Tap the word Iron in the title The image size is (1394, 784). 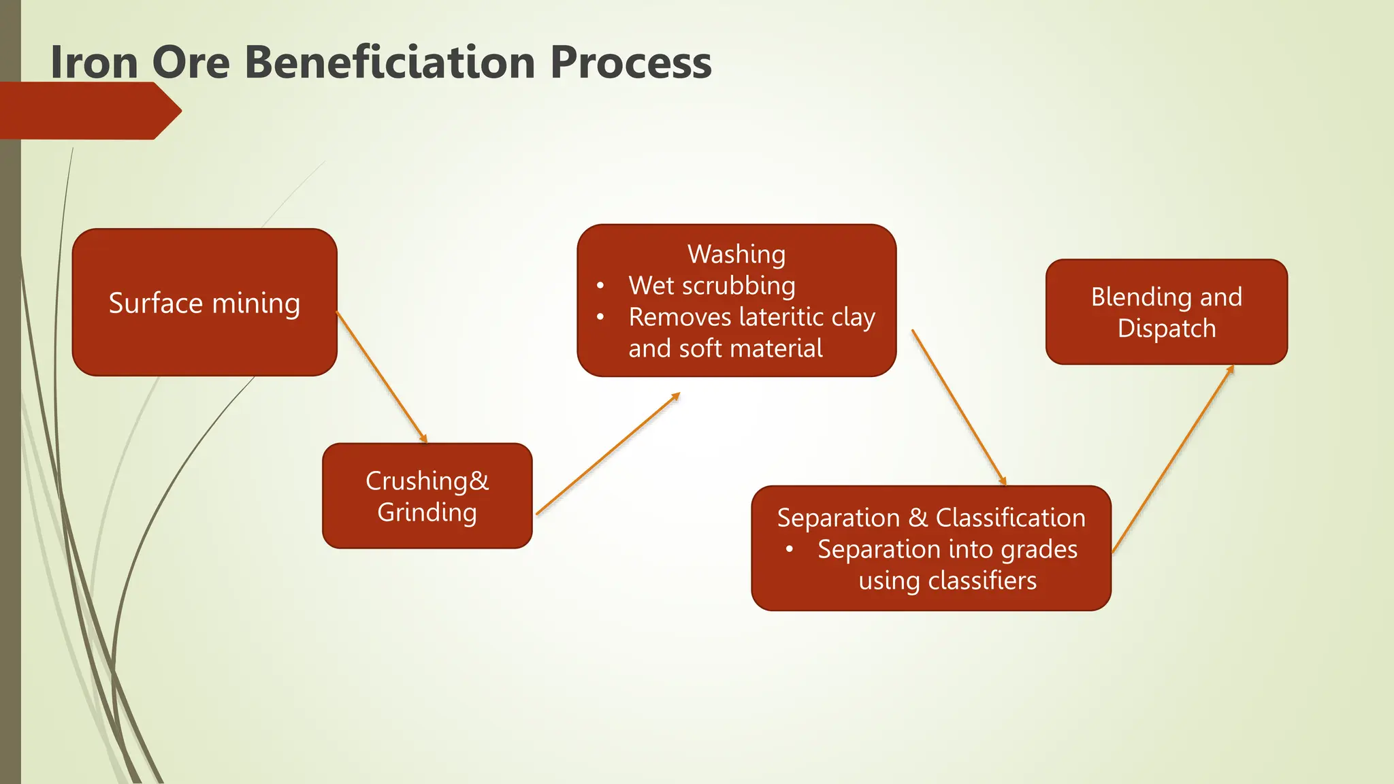coord(94,62)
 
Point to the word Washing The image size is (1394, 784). coord(736,254)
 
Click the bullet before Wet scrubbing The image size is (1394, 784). coord(600,286)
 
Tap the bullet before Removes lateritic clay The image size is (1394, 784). coord(600,317)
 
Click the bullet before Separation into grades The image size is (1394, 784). coord(790,549)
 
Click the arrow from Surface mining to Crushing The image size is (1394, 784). coord(381,377)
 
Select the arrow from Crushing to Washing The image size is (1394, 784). coord(608,454)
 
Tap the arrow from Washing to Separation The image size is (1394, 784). coord(958,407)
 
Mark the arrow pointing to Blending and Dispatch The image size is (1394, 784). coord(1172,459)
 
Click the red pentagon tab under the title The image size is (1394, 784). coord(88,111)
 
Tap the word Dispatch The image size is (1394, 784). coord(1166,329)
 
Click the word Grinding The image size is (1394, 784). coord(427,512)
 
